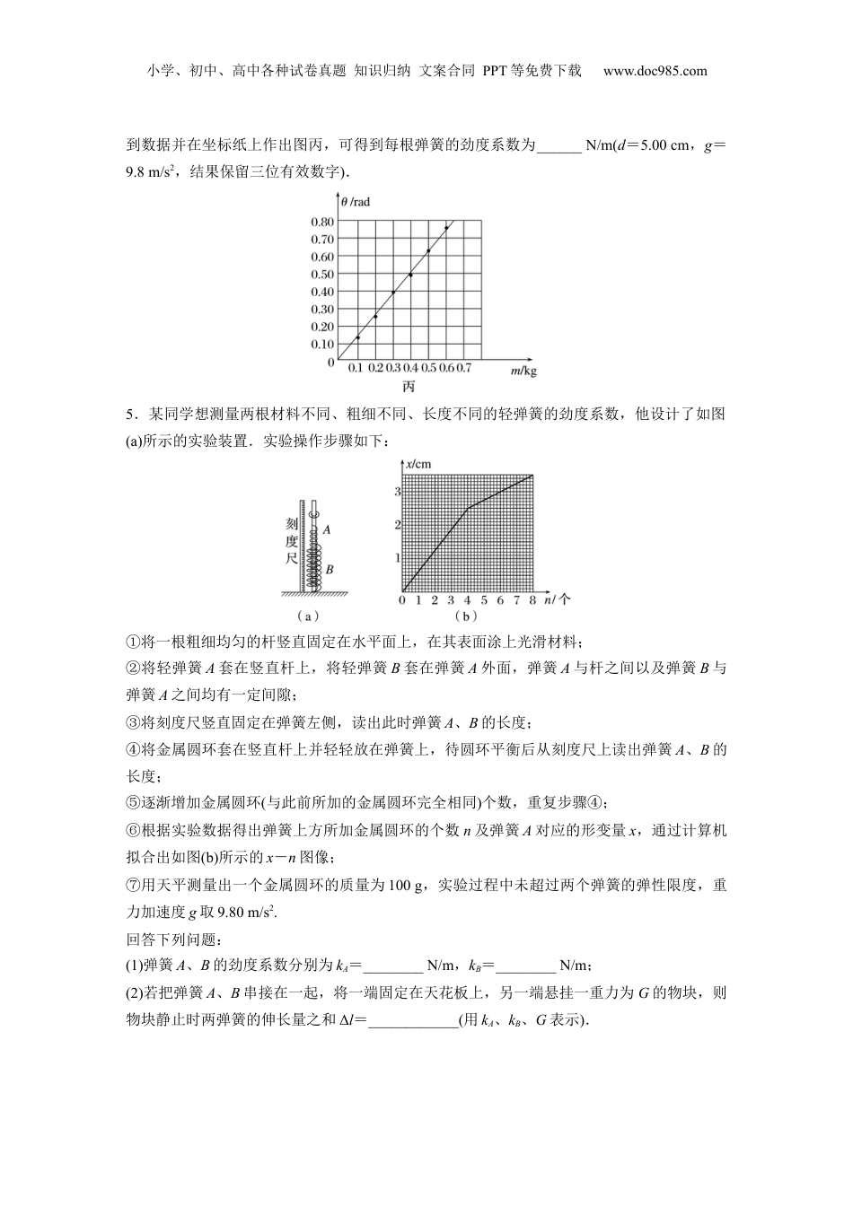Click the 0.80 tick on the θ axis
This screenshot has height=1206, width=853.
click(321, 222)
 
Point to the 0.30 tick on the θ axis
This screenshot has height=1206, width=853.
click(321, 309)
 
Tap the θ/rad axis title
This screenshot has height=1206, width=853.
click(356, 202)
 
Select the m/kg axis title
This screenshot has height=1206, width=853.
click(523, 370)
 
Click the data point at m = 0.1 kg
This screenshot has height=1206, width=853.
click(357, 337)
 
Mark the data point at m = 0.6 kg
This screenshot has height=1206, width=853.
click(446, 228)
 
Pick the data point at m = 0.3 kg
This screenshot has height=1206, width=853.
click(393, 293)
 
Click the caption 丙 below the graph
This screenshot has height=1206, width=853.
click(409, 388)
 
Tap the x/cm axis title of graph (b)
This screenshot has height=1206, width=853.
click(418, 464)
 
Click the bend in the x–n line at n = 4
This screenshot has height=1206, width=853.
click(468, 509)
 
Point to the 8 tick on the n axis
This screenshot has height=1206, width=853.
click(532, 600)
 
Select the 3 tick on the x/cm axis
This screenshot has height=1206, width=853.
click(395, 492)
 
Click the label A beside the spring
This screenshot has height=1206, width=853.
click(327, 530)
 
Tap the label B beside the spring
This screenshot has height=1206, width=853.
click(329, 569)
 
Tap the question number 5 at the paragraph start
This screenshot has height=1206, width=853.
click(130, 415)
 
